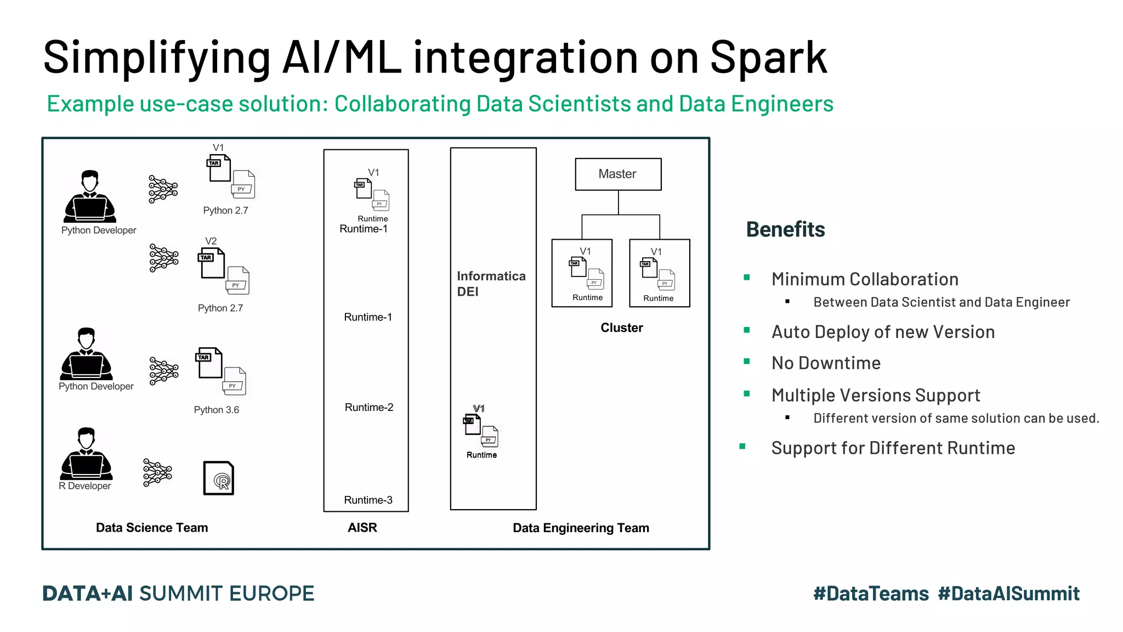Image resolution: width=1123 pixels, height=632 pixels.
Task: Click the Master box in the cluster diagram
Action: (x=618, y=174)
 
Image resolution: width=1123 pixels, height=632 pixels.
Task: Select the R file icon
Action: (x=219, y=478)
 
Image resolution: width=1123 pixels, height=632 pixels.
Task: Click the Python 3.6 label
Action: (x=217, y=410)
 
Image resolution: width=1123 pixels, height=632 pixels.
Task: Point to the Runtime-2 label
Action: (x=369, y=407)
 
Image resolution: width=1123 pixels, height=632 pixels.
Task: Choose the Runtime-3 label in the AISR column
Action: (x=368, y=500)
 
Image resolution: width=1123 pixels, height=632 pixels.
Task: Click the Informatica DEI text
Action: (x=491, y=284)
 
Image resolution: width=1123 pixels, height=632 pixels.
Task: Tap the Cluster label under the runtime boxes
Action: (x=621, y=328)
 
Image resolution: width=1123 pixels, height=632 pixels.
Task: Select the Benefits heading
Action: (x=785, y=229)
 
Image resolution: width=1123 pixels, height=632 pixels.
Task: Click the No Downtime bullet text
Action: (x=826, y=363)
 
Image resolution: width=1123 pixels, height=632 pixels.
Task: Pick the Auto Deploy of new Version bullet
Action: (x=883, y=332)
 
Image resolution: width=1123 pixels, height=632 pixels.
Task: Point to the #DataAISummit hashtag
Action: (x=1008, y=594)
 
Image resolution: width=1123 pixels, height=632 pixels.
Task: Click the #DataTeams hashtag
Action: (x=871, y=594)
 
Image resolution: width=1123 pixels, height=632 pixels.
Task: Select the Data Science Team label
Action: (x=152, y=528)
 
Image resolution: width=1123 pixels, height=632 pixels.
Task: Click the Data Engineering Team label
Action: (x=581, y=528)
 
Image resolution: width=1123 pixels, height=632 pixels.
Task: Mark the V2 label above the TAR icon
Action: (x=211, y=241)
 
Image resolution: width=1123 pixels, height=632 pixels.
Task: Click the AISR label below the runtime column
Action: (x=362, y=528)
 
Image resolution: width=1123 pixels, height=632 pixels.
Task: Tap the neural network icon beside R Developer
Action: (x=157, y=472)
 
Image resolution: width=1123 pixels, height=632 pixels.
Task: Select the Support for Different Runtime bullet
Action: (x=893, y=448)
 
